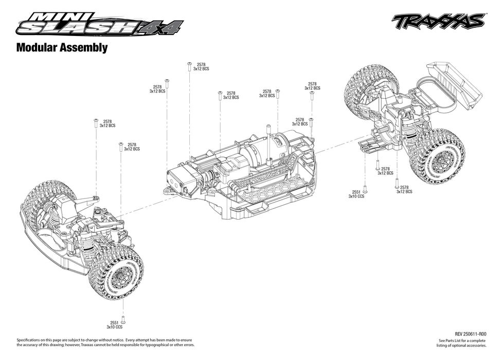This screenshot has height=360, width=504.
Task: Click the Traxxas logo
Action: pos(438,22)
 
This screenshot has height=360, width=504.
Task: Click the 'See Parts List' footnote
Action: pos(462,343)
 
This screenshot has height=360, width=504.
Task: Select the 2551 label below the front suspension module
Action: pos(114,322)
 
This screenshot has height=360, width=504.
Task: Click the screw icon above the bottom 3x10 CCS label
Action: pos(123,318)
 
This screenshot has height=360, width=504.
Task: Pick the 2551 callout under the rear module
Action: pos(356,191)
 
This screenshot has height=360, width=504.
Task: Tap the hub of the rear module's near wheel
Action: pos(441,160)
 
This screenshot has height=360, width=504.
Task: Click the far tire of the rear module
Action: pos(368,85)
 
